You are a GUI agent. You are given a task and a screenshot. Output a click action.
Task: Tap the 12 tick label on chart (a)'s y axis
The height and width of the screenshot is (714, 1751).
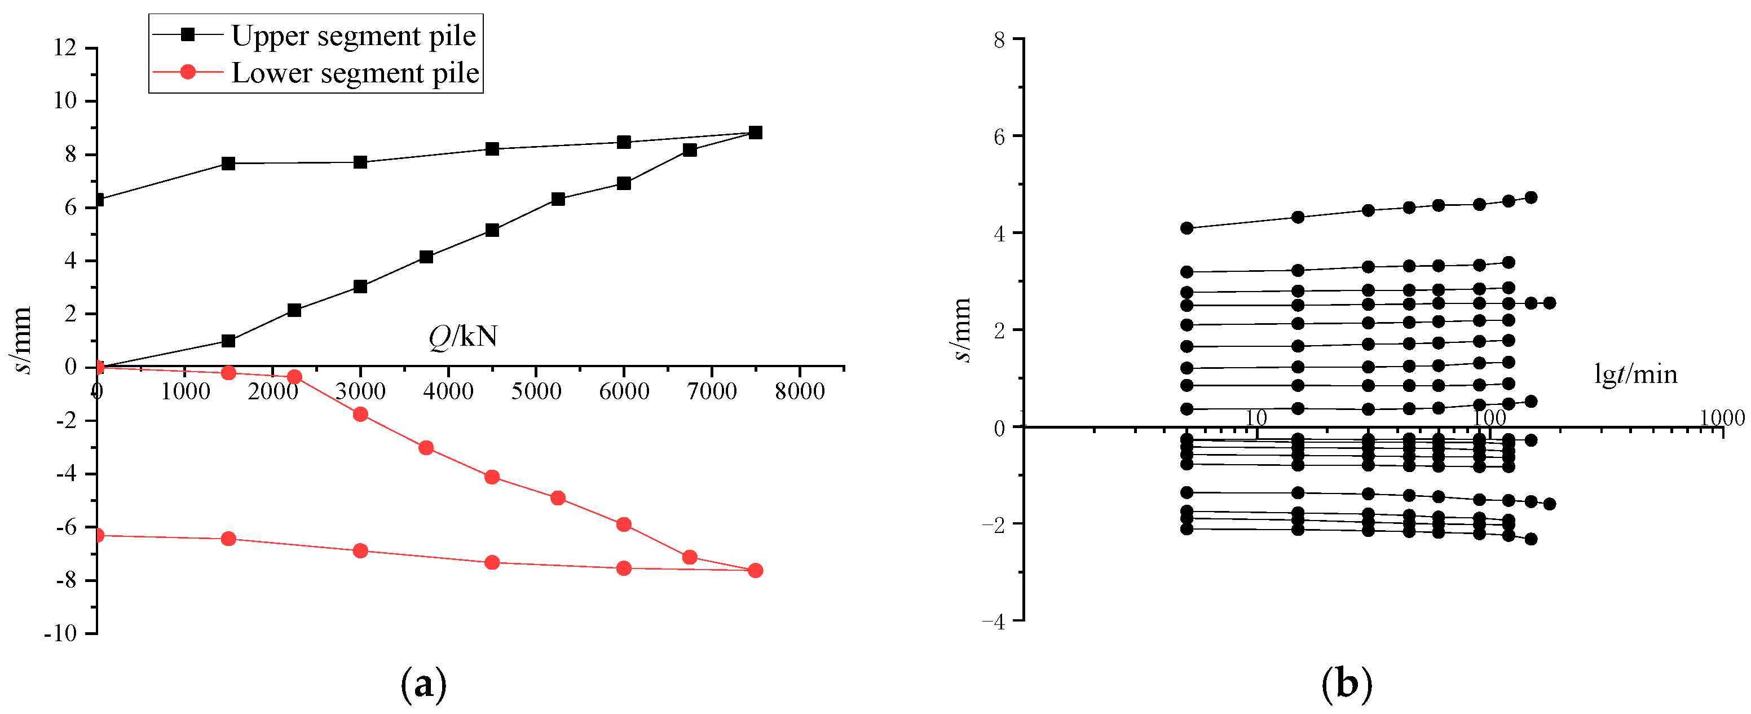[66, 47]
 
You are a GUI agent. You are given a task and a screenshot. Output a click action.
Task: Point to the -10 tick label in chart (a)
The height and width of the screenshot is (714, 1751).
[60, 634]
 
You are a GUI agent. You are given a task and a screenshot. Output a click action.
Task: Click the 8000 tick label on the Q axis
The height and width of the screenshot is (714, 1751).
[800, 391]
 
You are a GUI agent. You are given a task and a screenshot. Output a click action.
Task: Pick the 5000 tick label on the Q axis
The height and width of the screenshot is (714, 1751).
[536, 391]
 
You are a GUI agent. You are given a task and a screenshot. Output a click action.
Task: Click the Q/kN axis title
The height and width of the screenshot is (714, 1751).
[463, 337]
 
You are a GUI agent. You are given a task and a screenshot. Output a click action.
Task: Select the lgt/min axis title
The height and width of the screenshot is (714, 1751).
[1635, 374]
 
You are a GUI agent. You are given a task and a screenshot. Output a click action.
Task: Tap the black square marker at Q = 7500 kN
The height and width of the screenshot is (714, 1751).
[755, 133]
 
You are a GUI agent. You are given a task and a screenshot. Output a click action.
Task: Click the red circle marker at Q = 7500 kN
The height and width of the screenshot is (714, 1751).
[755, 571]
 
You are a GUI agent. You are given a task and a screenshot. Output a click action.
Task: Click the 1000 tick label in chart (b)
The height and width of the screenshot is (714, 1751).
[1722, 417]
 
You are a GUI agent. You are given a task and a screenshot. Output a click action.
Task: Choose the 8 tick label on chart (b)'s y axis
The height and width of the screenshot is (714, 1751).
[999, 40]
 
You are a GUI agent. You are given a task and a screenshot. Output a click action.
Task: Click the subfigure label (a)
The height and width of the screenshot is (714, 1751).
[424, 685]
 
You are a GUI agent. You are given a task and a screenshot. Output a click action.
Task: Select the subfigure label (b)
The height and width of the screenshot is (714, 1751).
[1346, 685]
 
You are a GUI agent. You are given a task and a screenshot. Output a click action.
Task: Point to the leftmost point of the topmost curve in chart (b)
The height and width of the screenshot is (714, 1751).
[1187, 228]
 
